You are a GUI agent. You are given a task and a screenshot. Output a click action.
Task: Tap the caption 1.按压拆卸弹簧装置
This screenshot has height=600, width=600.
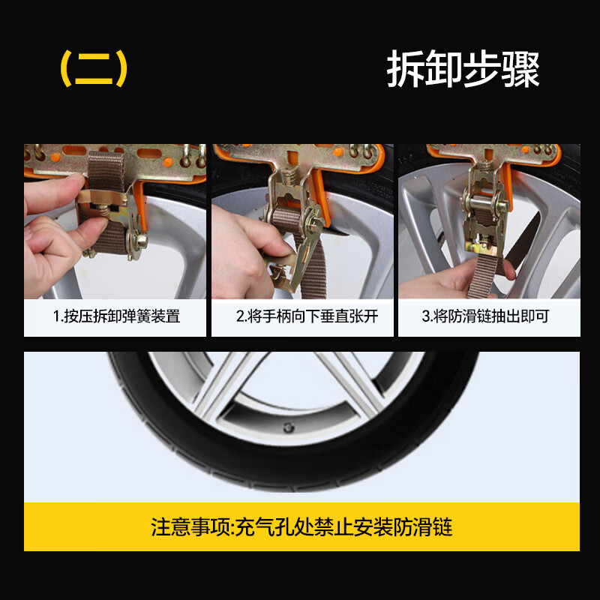(x=116, y=316)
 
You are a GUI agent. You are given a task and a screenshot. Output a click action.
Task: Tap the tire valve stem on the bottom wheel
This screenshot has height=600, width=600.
(x=287, y=428)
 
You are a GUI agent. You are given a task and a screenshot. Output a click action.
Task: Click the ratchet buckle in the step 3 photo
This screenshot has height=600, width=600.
(x=479, y=199)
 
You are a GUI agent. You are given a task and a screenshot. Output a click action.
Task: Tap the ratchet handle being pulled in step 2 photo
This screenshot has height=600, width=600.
(x=288, y=259)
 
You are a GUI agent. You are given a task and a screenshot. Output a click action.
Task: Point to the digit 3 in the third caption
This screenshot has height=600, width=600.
(x=424, y=316)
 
